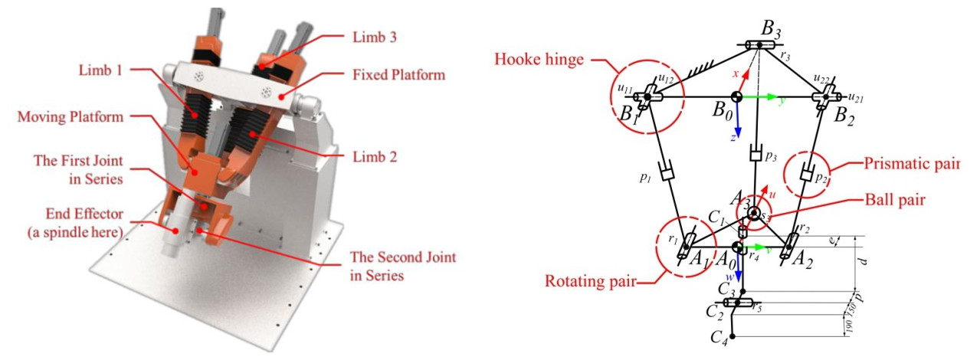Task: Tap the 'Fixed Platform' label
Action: (x=399, y=75)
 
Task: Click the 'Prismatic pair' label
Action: (x=911, y=164)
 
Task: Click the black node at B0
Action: (x=736, y=97)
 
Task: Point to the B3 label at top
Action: (x=772, y=31)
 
